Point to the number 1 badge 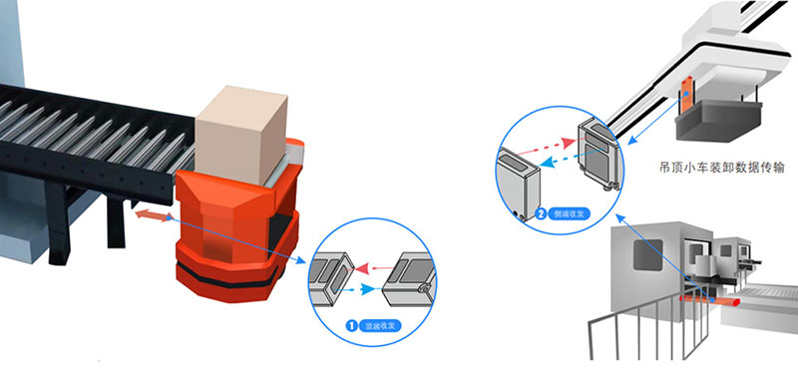(x=351, y=324)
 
